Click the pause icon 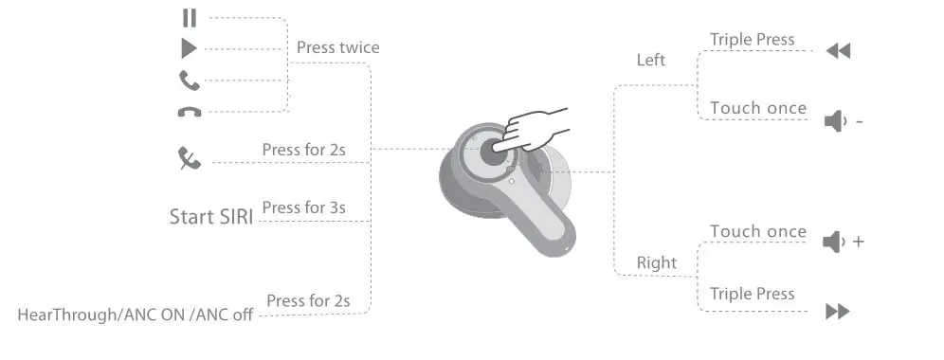coord(190,17)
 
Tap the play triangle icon coord(190,48)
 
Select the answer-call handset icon coord(190,80)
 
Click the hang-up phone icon coord(190,112)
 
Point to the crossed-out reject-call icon coord(190,158)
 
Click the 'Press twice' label coord(337,47)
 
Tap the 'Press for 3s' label coord(303,207)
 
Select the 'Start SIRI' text coord(210,217)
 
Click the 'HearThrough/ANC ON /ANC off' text coord(136,315)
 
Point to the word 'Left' coord(651,61)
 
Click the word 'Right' coord(657,262)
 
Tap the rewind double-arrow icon coord(838,51)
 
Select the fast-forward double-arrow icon coord(838,312)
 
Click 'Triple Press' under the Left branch coord(752,40)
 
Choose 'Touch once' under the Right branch coord(758,232)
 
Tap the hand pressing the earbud coord(536,129)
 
